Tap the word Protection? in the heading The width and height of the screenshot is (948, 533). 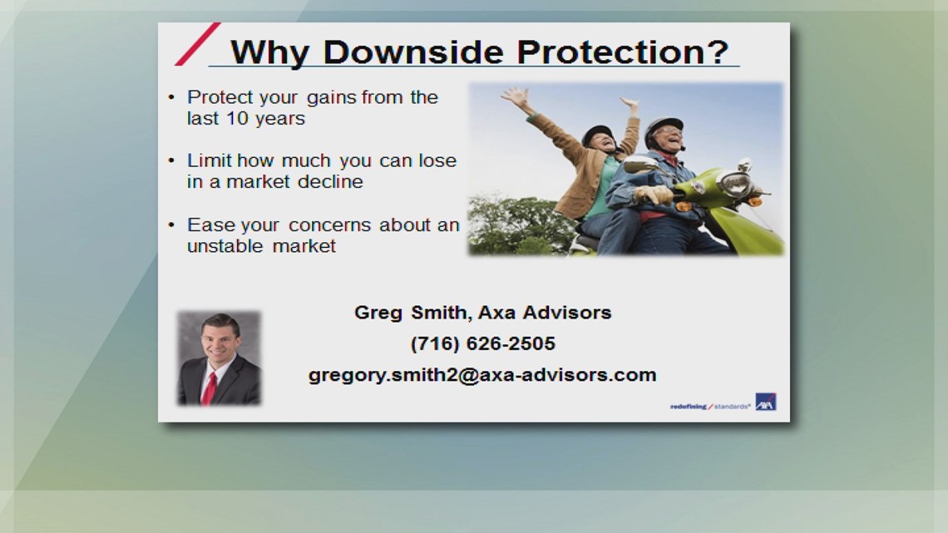(x=623, y=52)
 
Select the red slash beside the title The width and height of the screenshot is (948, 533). (x=197, y=44)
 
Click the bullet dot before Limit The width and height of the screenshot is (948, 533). (x=171, y=160)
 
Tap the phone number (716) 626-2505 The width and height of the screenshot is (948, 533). (x=482, y=343)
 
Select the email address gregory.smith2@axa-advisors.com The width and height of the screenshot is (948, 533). (x=482, y=374)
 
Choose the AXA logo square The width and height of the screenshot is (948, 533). (x=765, y=402)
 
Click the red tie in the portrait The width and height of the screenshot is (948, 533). (x=209, y=388)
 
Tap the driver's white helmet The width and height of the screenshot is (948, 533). (x=664, y=126)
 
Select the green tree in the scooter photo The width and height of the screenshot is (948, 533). (x=507, y=225)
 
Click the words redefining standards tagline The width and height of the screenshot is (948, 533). (x=709, y=407)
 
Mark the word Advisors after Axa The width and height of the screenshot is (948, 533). (x=567, y=313)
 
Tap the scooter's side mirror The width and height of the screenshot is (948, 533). (x=640, y=165)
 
